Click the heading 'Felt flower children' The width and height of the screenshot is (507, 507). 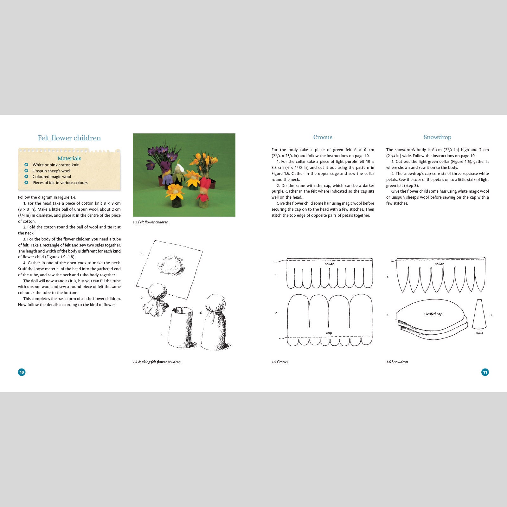pyautogui.click(x=69, y=138)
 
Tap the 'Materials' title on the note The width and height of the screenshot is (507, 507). pyautogui.click(x=69, y=158)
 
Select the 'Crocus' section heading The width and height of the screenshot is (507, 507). pyautogui.click(x=323, y=137)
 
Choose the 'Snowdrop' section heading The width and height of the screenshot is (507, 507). pyautogui.click(x=437, y=137)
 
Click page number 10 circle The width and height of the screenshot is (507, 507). pyautogui.click(x=22, y=372)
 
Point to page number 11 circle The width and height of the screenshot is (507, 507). pyautogui.click(x=485, y=372)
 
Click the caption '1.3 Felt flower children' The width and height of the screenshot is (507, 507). pyautogui.click(x=151, y=222)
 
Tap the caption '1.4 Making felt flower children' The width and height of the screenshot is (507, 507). pyautogui.click(x=157, y=362)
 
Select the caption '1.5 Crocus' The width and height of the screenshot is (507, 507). pyautogui.click(x=279, y=362)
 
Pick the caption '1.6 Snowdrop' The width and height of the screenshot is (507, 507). pyautogui.click(x=397, y=362)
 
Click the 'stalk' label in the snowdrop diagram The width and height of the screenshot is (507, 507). pyautogui.click(x=479, y=333)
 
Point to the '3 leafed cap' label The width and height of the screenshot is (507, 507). pyautogui.click(x=433, y=314)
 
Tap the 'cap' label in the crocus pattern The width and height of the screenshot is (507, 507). pyautogui.click(x=329, y=333)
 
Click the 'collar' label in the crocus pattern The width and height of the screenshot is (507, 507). pyautogui.click(x=329, y=264)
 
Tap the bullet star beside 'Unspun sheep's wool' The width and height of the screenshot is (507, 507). pyautogui.click(x=26, y=171)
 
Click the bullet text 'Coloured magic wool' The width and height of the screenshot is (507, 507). pyautogui.click(x=52, y=177)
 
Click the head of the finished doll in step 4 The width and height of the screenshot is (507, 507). pyautogui.click(x=215, y=304)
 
